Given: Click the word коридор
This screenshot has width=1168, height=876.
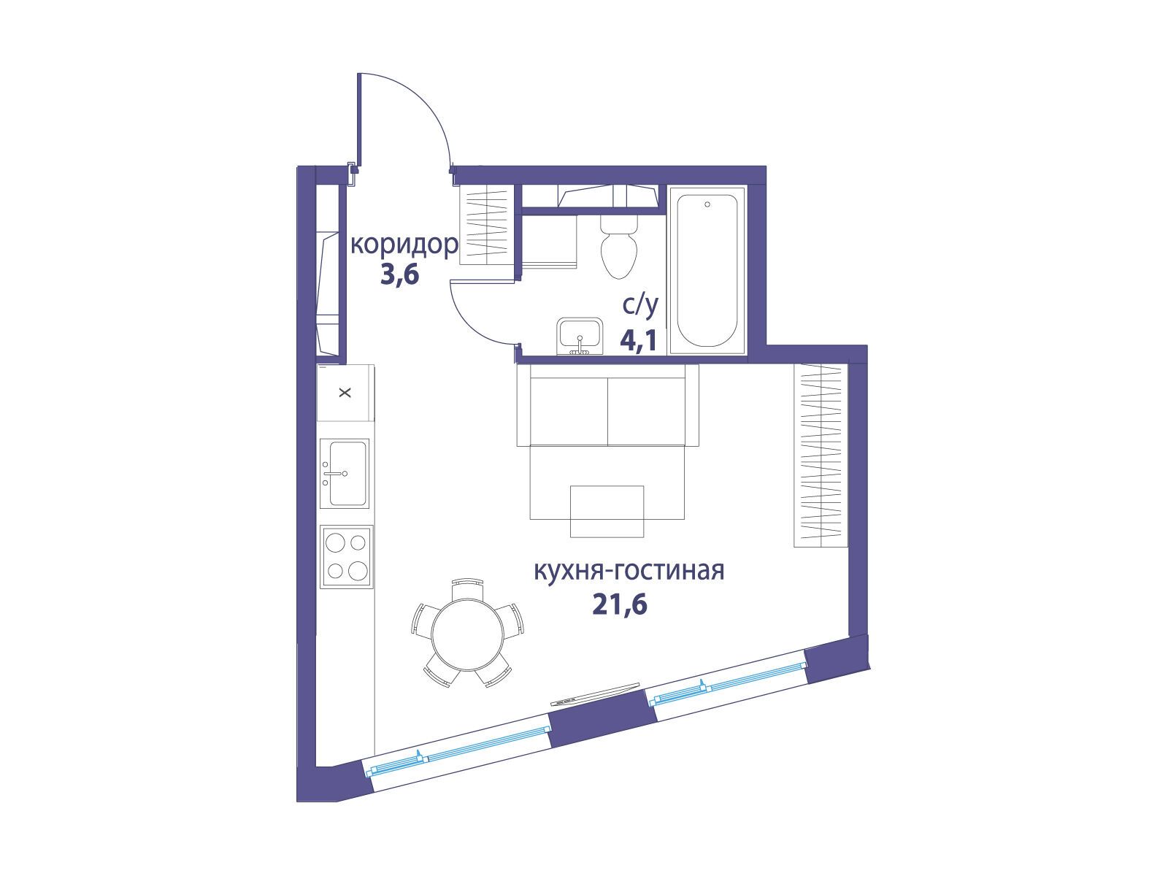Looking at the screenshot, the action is click(404, 247).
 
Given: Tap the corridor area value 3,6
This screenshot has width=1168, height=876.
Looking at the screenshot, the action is click(400, 275).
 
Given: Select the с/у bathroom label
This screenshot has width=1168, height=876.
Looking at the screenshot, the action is click(641, 306).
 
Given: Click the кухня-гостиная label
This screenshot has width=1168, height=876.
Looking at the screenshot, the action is click(629, 572).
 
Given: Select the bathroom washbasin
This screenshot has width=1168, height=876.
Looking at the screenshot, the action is click(580, 336).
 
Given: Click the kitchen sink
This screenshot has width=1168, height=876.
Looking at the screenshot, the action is click(345, 473).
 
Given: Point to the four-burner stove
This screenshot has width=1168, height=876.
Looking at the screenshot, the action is click(347, 557).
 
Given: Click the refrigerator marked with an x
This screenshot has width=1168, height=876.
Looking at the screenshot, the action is click(345, 393).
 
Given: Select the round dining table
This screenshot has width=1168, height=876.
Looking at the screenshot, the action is click(468, 634).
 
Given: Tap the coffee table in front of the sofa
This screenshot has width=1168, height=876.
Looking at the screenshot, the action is click(607, 511).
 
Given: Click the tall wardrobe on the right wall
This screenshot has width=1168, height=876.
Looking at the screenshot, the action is click(820, 456).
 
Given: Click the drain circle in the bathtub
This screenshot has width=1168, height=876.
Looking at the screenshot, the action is click(707, 204).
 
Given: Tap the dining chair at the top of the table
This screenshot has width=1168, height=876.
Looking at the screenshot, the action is click(468, 589).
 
